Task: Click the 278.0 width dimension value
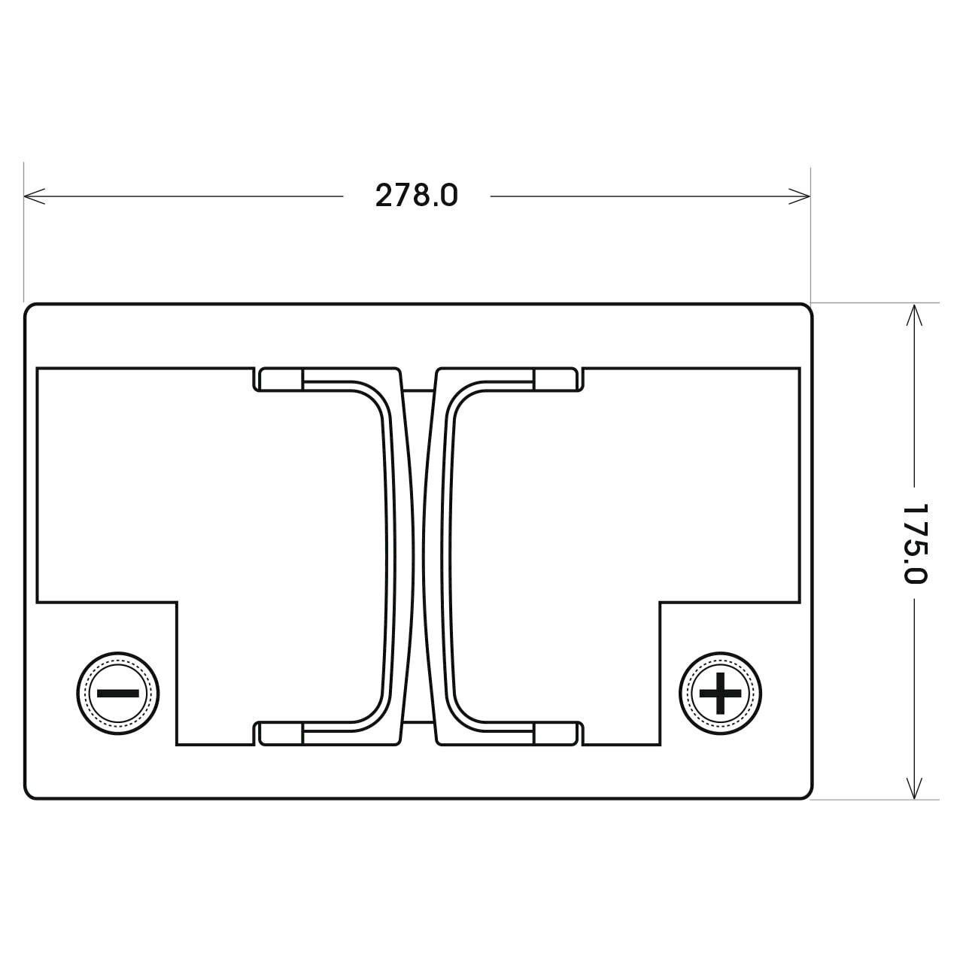(416, 196)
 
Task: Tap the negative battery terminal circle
(118, 693)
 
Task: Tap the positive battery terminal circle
(720, 693)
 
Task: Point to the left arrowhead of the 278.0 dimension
(34, 196)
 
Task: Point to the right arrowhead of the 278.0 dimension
(799, 196)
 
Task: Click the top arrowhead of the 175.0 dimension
(914, 314)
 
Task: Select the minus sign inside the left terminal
(118, 693)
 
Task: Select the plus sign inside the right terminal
(720, 693)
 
